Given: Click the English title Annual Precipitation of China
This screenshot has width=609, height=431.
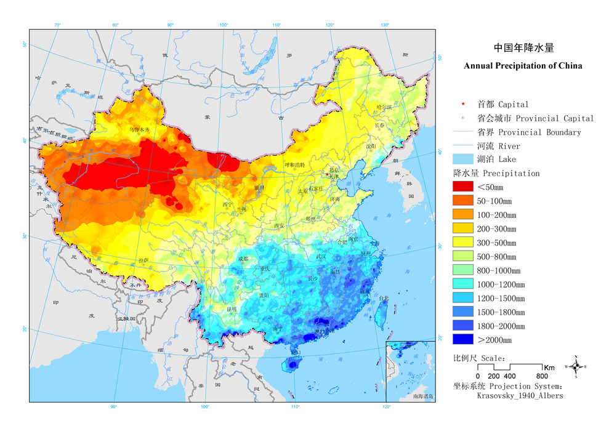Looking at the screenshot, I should click(x=523, y=65).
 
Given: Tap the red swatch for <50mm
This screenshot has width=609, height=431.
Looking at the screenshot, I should click(x=462, y=187).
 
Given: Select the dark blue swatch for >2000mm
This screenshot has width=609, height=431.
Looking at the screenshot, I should click(x=462, y=339).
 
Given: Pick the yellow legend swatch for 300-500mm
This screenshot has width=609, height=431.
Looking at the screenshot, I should click(x=462, y=243).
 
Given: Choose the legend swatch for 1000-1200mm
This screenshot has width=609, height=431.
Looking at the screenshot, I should click(x=462, y=284).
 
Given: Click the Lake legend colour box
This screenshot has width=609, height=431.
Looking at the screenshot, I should click(x=462, y=159).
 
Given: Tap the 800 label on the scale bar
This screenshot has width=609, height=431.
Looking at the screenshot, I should click(x=541, y=376).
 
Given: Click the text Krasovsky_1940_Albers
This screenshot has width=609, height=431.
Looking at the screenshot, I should click(x=520, y=396).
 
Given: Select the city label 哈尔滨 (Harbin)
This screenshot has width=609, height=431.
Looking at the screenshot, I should click(x=384, y=107).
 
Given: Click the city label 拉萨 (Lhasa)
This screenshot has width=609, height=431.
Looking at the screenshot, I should click(x=144, y=260).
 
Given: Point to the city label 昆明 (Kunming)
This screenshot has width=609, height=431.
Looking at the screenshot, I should click(x=231, y=308).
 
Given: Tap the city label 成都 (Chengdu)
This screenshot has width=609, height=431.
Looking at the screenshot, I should click(x=243, y=259).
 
